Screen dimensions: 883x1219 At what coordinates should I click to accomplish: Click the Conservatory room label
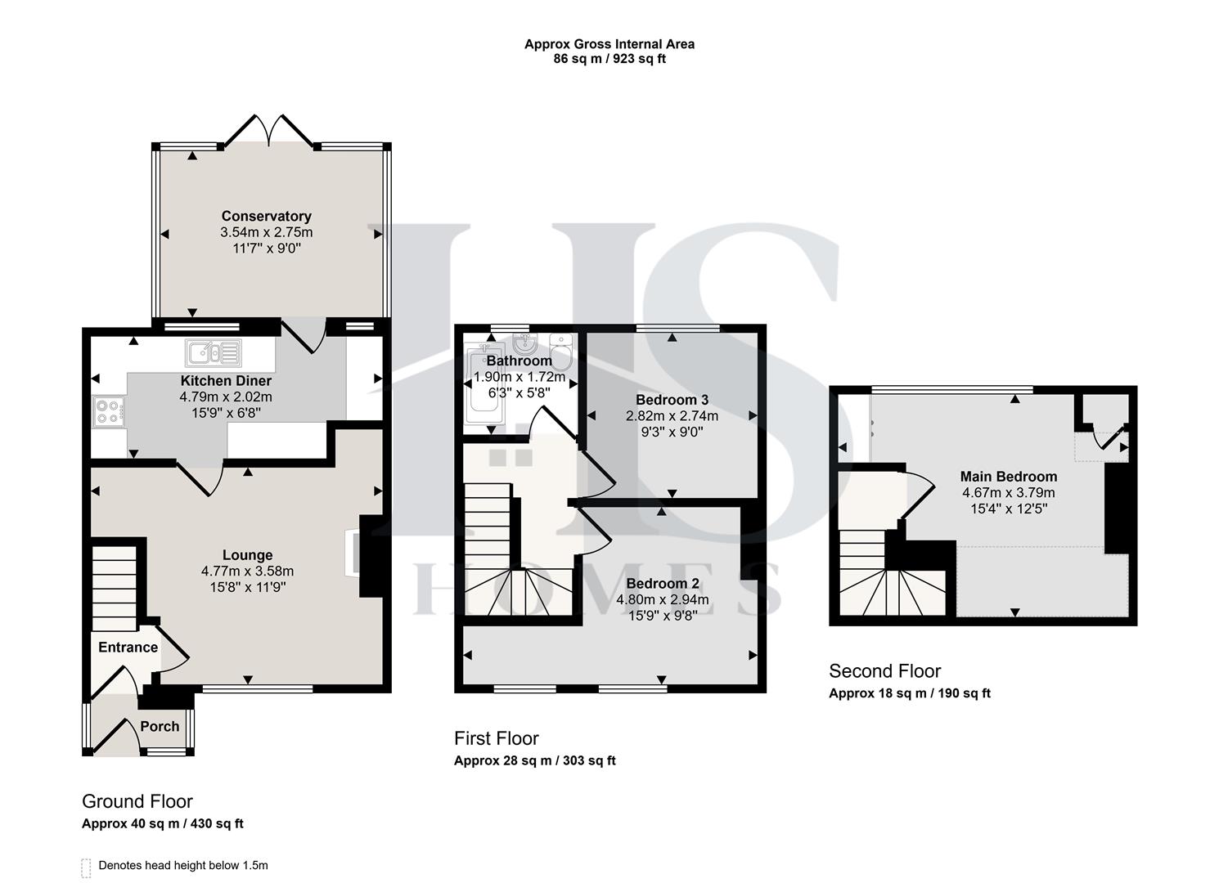click(x=266, y=216)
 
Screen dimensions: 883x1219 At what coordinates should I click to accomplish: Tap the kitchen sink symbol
click(x=213, y=353)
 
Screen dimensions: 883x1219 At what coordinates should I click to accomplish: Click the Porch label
click(x=160, y=726)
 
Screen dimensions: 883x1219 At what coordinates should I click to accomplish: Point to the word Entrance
click(x=128, y=648)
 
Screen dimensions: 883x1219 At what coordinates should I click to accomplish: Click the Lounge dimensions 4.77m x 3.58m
click(x=247, y=571)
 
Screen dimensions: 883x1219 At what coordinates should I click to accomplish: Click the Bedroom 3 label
click(x=672, y=400)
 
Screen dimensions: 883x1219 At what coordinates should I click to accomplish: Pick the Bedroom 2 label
click(x=662, y=584)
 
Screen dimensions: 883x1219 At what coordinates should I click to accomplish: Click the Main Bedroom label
click(x=1008, y=477)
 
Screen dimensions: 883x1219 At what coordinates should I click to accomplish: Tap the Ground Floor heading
click(x=137, y=801)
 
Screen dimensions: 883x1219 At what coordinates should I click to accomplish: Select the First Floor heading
click(x=497, y=738)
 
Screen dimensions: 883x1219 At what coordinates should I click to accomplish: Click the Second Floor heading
click(x=884, y=671)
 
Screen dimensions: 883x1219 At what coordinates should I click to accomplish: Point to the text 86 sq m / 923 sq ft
click(x=609, y=59)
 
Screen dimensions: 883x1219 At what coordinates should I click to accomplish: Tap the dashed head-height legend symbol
click(x=86, y=867)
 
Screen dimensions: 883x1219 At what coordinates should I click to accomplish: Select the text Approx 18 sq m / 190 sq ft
click(x=909, y=693)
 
